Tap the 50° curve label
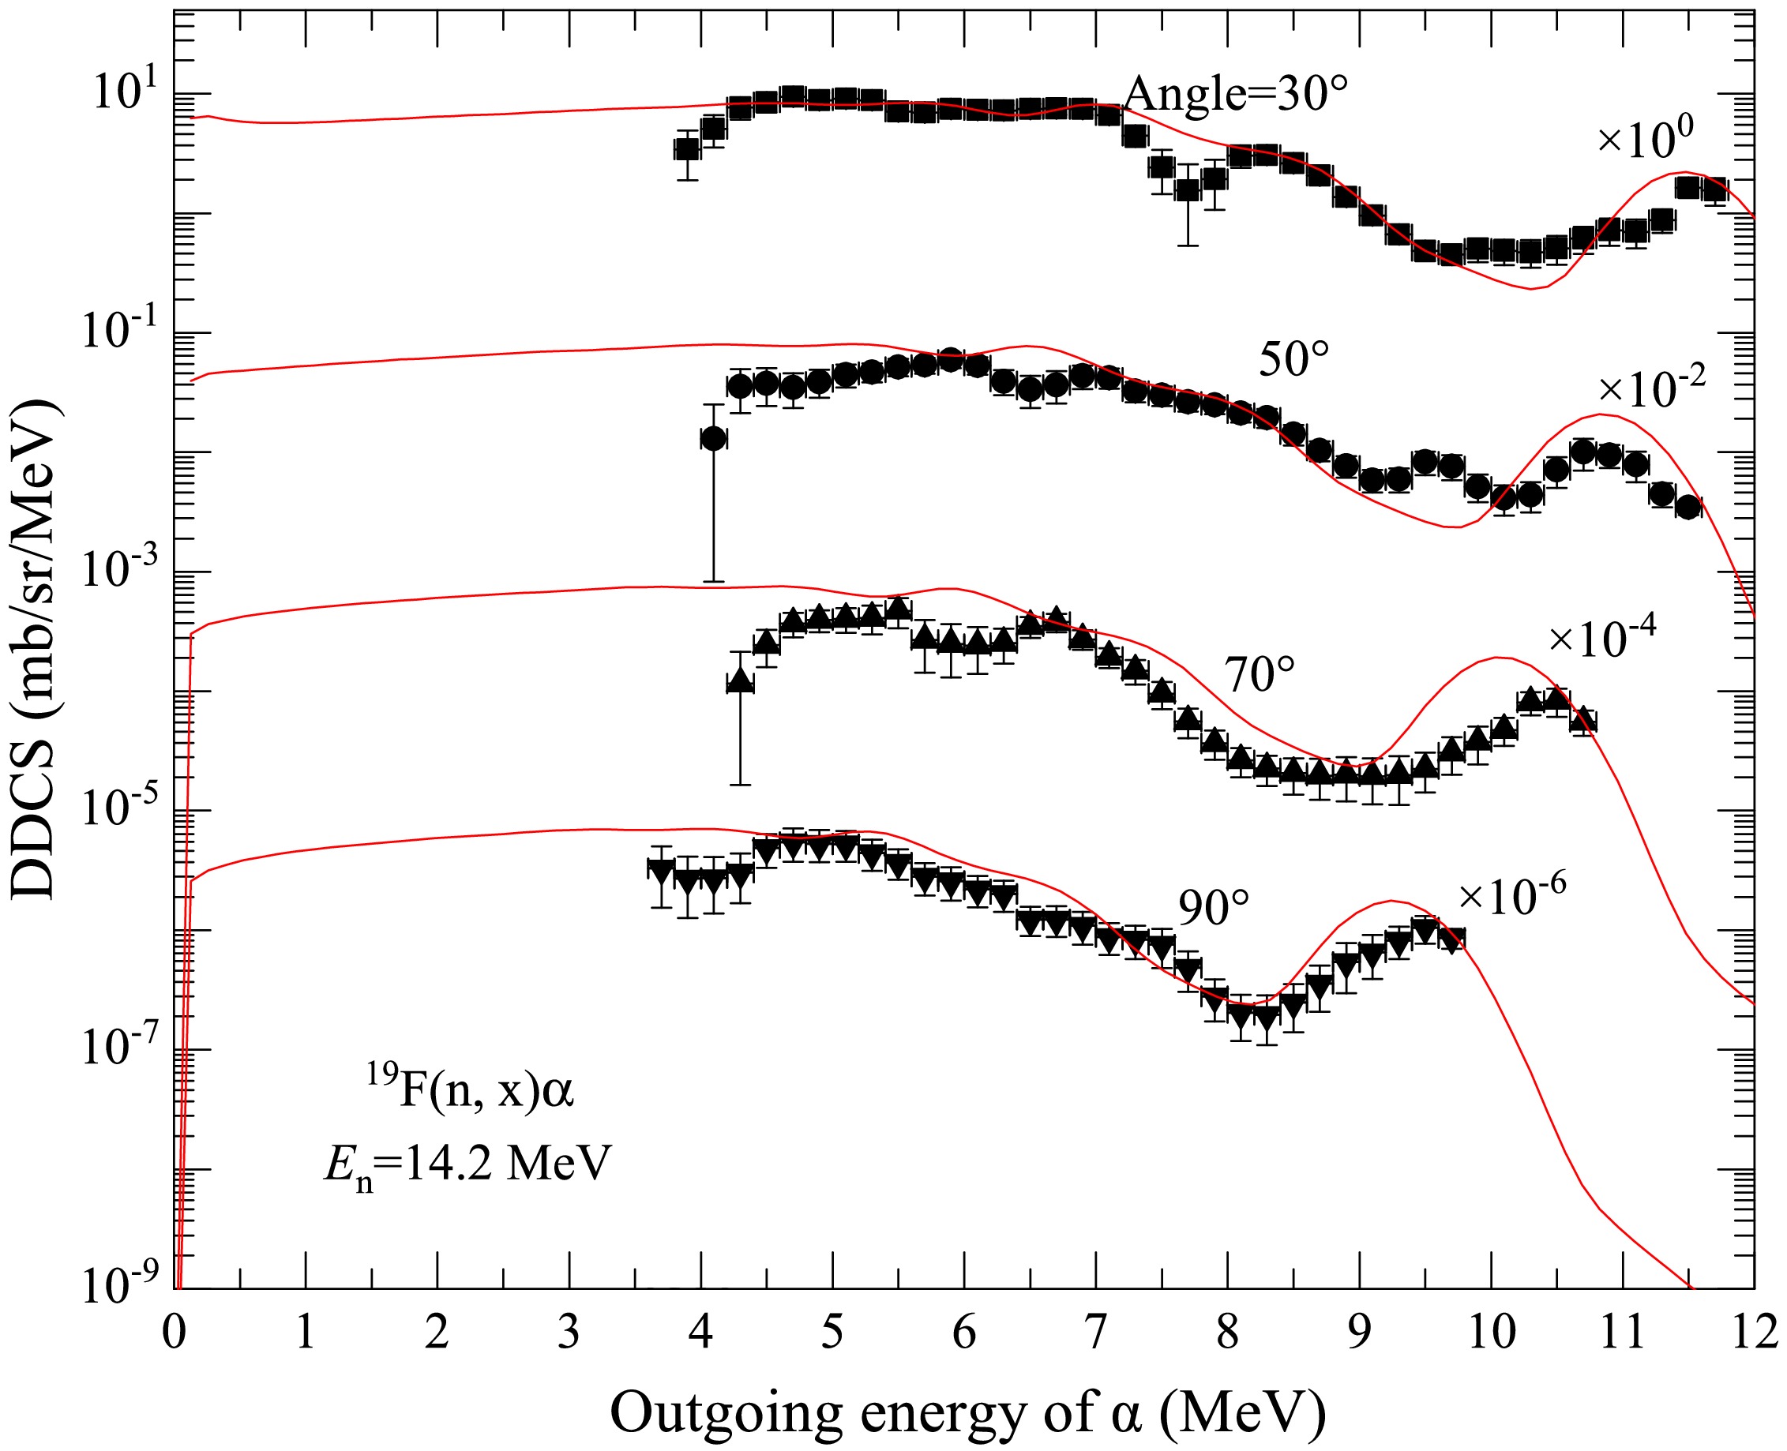[x=1293, y=361]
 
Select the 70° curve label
[x=1260, y=674]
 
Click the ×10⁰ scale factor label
[x=1646, y=139]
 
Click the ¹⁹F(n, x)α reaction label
[x=471, y=1093]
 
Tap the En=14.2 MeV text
[x=468, y=1164]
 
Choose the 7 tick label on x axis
[x=1096, y=1333]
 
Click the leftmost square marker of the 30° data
[x=686, y=150]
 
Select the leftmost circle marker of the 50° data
[x=713, y=438]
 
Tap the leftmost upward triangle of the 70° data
[x=740, y=682]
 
